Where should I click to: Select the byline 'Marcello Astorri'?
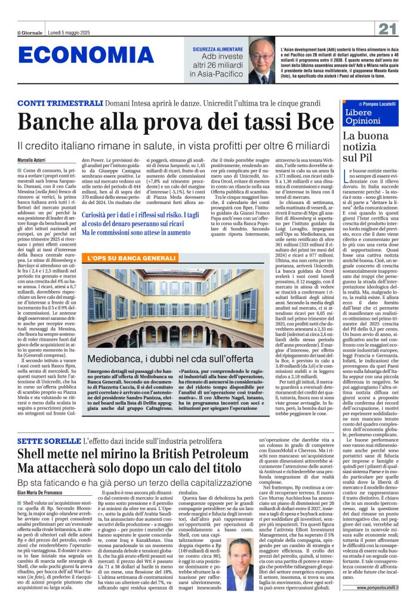(x=32, y=159)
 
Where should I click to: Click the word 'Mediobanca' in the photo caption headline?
(x=116, y=359)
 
